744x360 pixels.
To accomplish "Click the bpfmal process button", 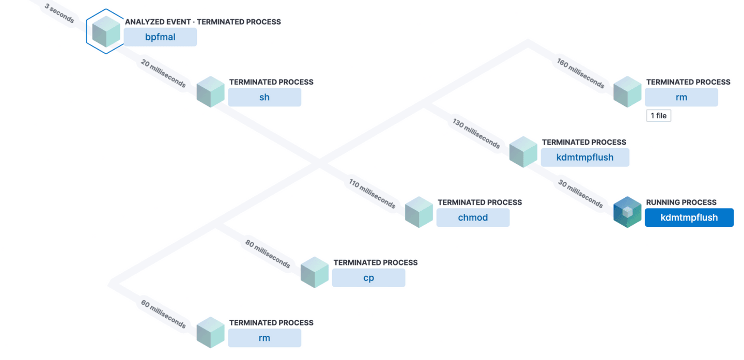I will click(160, 37).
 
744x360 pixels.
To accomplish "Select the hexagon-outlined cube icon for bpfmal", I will click(106, 32).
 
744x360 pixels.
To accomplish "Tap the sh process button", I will click(265, 97).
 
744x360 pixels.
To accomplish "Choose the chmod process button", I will click(473, 217).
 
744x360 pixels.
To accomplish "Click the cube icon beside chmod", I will click(419, 212).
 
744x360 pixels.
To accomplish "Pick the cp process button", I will click(368, 278).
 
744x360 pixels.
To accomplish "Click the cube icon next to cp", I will click(315, 272).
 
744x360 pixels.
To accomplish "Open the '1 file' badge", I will click(658, 116).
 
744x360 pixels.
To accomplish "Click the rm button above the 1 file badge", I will click(681, 97).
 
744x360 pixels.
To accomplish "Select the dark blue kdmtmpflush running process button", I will click(689, 217).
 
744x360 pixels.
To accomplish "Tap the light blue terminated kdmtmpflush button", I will click(585, 158).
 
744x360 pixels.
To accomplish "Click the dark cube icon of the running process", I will click(627, 212).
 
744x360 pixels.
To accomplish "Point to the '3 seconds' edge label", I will click(59, 14).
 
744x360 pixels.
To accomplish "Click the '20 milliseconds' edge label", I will click(163, 73).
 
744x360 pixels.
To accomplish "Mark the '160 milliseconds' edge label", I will click(580, 73).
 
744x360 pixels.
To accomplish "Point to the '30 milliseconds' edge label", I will click(580, 194).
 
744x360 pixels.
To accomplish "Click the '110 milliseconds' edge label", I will click(372, 194).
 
